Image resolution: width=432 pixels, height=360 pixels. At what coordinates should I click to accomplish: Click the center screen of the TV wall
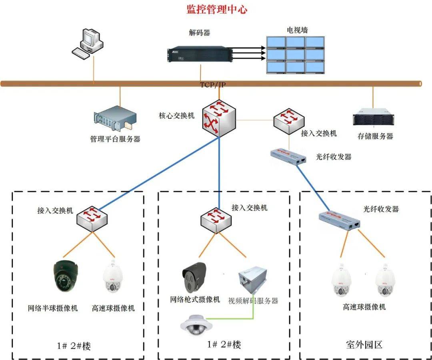point(296,54)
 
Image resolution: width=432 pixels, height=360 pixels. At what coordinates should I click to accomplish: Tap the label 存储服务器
point(375,136)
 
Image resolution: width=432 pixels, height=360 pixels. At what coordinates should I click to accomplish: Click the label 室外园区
point(364,344)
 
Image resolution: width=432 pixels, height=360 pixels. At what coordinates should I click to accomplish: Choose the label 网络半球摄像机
point(53,308)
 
